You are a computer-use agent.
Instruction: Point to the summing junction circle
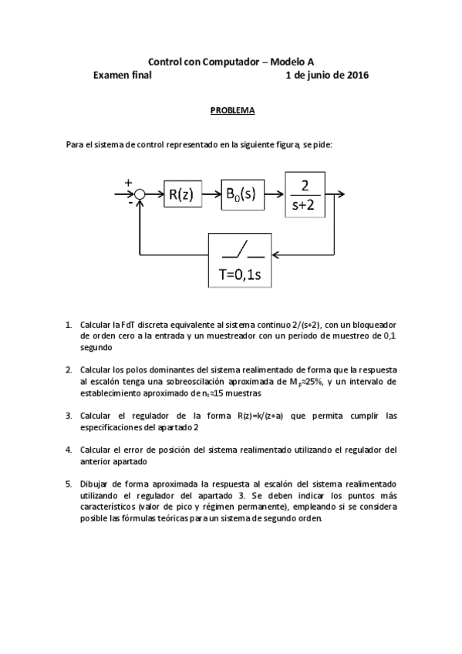coord(140,196)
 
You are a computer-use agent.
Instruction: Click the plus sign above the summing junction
coord(128,183)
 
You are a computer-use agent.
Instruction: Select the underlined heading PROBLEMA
coord(233,110)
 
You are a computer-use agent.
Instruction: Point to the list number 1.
coord(69,325)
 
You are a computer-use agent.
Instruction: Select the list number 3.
coord(69,415)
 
